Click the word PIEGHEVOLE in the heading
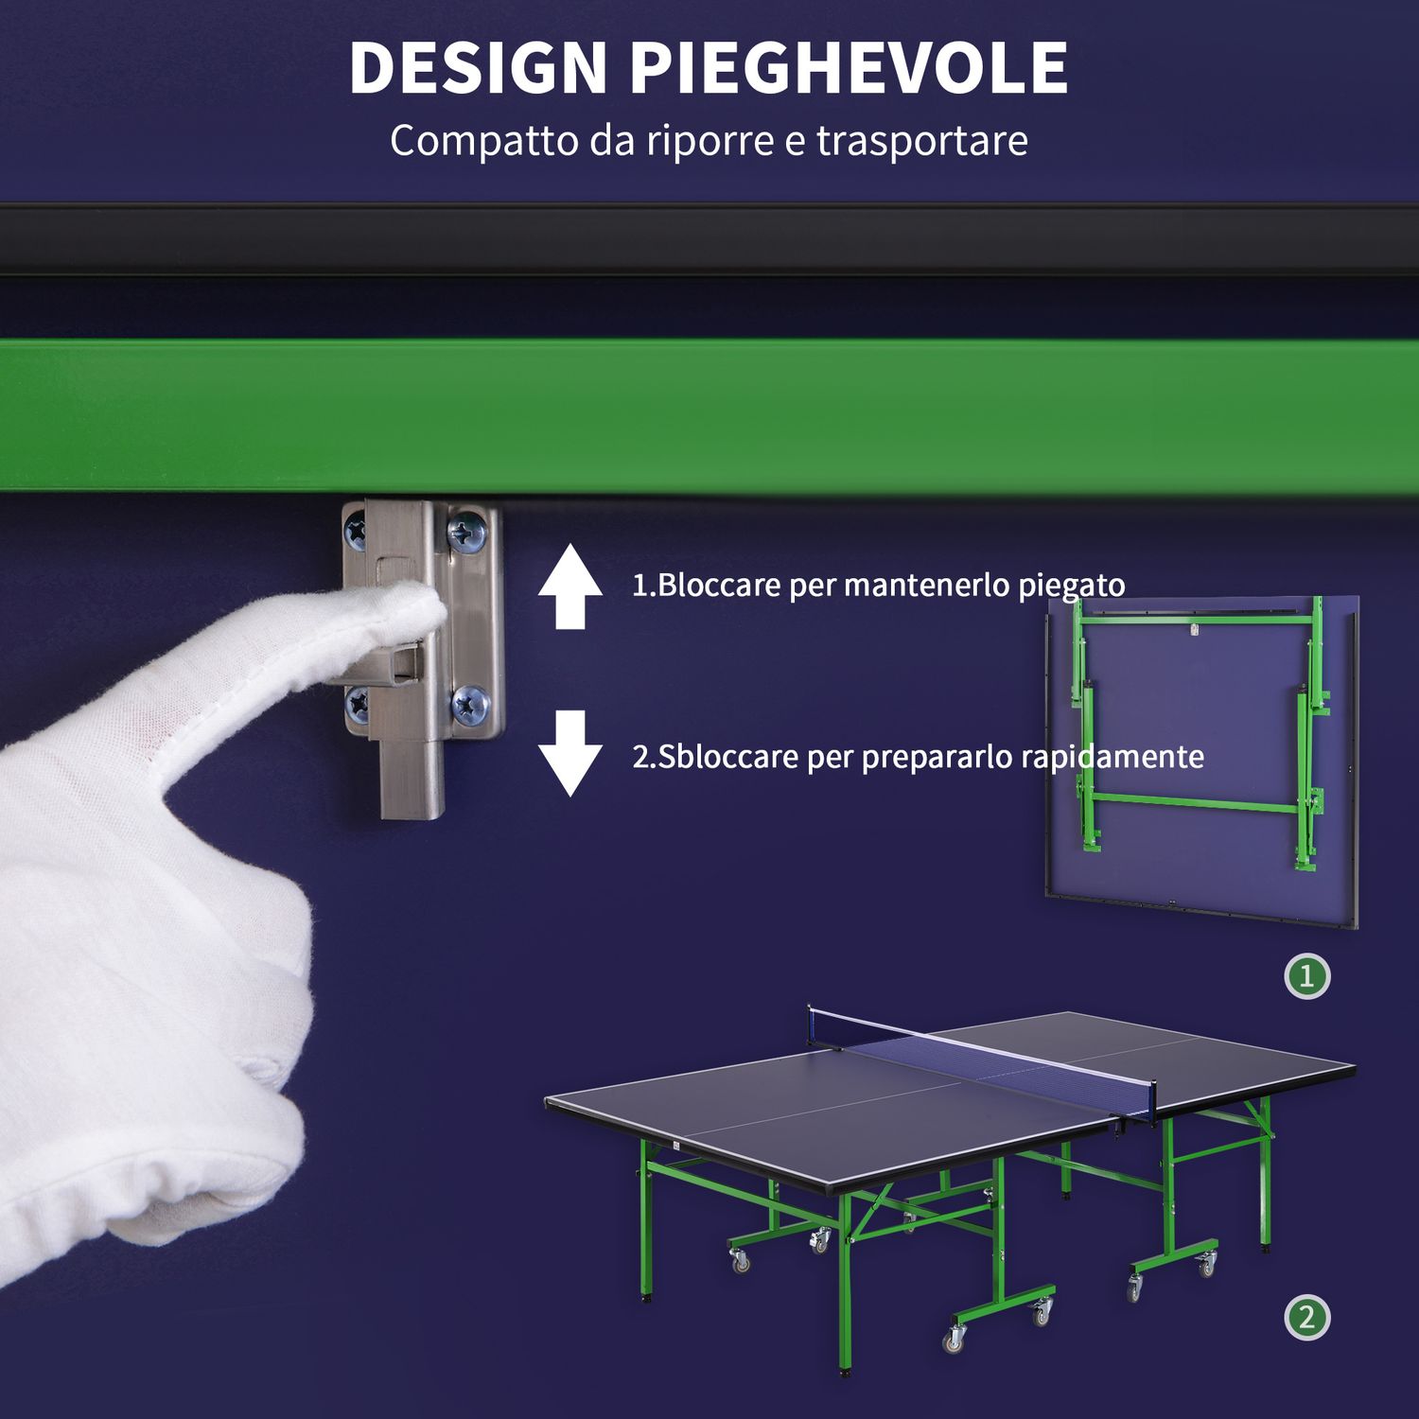(x=849, y=68)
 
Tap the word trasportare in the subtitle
(x=921, y=141)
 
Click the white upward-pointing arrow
(x=570, y=587)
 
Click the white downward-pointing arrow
(x=570, y=753)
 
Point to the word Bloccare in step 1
(x=720, y=586)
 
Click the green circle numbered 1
(x=1307, y=976)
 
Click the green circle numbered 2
(x=1307, y=1318)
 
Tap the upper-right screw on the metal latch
(x=466, y=533)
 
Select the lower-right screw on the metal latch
(x=469, y=704)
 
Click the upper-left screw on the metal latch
(x=356, y=532)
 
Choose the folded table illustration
(x=1201, y=757)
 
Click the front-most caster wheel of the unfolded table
(x=955, y=1339)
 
